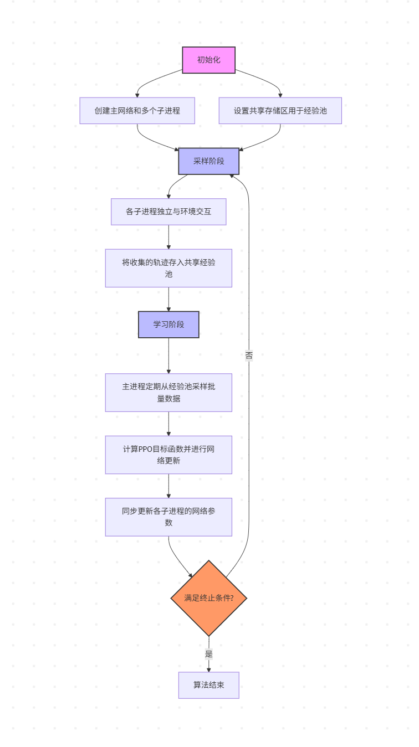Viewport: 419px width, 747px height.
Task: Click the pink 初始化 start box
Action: pos(208,60)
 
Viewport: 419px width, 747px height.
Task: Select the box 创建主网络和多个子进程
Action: pos(137,111)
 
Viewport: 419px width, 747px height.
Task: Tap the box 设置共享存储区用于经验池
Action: pos(280,111)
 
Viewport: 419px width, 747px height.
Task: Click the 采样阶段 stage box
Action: pos(208,161)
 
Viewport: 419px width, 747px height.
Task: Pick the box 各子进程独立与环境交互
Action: pos(168,212)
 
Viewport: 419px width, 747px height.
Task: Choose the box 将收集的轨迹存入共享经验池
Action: pos(168,268)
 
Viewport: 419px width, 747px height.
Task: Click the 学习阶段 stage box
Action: pos(168,324)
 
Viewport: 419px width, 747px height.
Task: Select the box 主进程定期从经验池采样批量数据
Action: pos(168,393)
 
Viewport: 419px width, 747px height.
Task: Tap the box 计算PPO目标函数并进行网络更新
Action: pos(168,455)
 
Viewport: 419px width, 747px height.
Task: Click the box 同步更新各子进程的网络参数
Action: pos(168,517)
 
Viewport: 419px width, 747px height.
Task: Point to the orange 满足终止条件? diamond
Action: pos(208,598)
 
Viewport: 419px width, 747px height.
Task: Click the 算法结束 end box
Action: pos(208,685)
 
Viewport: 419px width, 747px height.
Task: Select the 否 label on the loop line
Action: pos(249,356)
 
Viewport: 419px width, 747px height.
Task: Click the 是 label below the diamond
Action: pos(208,654)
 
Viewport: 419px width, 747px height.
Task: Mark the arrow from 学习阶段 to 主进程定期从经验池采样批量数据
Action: pos(168,356)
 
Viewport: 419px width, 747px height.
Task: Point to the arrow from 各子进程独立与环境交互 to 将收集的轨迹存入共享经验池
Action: pos(168,237)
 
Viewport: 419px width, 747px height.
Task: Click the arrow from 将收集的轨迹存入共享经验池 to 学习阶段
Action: pos(168,299)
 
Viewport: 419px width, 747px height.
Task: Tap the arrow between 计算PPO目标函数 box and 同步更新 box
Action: pos(168,486)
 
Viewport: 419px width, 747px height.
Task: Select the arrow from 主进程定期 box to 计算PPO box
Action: pos(168,424)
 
